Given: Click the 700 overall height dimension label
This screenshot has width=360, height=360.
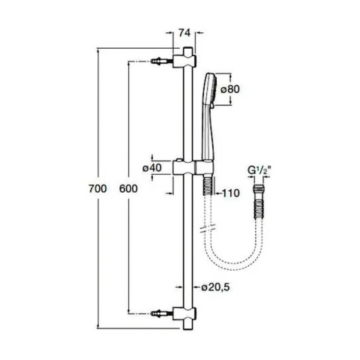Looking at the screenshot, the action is (97, 189).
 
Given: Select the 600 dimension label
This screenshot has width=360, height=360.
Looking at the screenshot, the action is (128, 189).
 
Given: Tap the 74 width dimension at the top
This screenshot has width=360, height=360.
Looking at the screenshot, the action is (184, 33).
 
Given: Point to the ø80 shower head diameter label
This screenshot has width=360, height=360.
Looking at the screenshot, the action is (230, 89).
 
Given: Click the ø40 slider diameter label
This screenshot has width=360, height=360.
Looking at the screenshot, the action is (152, 168).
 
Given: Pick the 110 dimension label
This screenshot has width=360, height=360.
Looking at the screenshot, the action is (231, 193).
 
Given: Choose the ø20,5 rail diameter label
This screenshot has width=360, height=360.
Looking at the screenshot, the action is (215, 287).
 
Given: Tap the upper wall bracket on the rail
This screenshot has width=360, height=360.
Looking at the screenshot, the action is (184, 61).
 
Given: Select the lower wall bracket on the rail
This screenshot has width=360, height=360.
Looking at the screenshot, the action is (184, 313).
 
